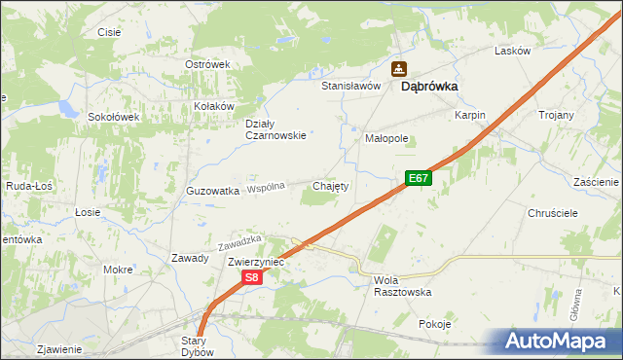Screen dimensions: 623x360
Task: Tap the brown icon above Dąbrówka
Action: coord(399,68)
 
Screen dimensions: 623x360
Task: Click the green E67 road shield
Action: coord(419,178)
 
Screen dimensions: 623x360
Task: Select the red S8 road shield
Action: coord(251,277)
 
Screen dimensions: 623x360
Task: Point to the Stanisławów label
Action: coord(350,86)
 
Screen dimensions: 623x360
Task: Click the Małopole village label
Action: coord(386,138)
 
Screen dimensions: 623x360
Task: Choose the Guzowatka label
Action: coord(212,192)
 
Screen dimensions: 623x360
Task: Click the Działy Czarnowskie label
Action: coord(275,129)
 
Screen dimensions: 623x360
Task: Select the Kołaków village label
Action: coord(214,106)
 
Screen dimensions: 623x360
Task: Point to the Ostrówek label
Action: coord(207,64)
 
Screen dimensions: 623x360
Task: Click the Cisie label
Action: coord(109,32)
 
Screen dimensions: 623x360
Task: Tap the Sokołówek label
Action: coord(116,116)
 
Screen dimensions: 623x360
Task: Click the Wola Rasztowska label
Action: coord(402,286)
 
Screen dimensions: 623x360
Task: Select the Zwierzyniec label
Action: coord(255,262)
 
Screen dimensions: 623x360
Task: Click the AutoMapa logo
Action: coord(556,342)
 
